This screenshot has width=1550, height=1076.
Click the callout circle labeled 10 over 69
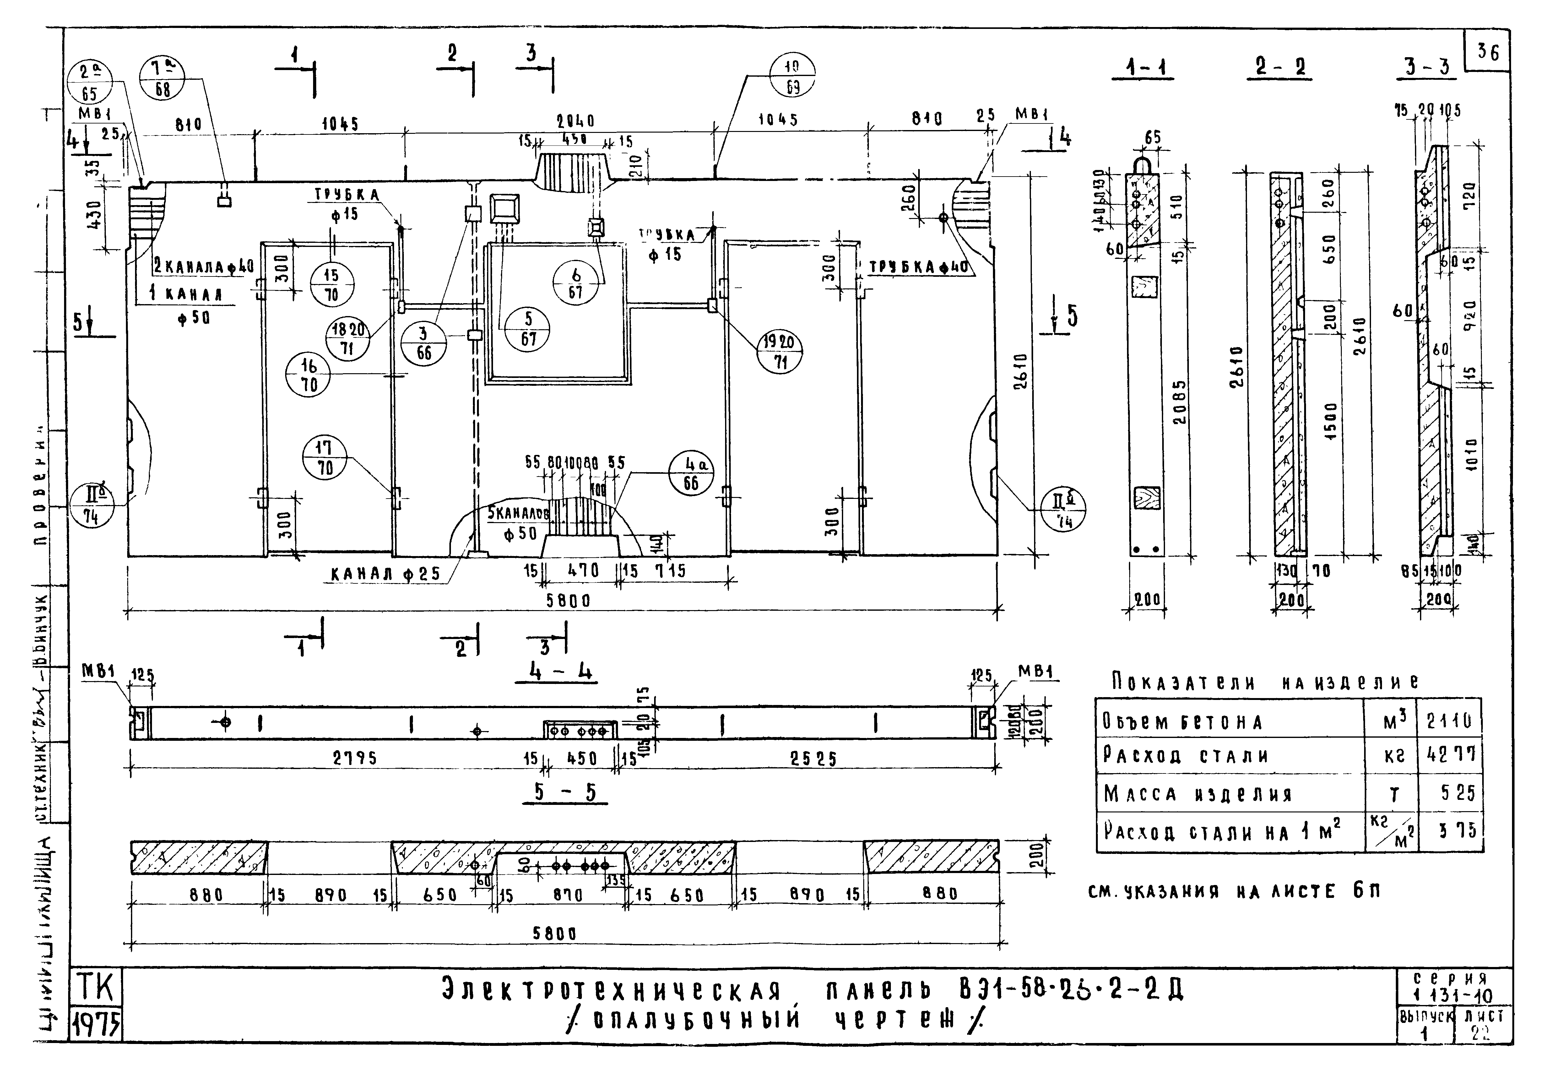(792, 75)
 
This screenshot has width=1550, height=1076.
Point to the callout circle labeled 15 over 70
(332, 285)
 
